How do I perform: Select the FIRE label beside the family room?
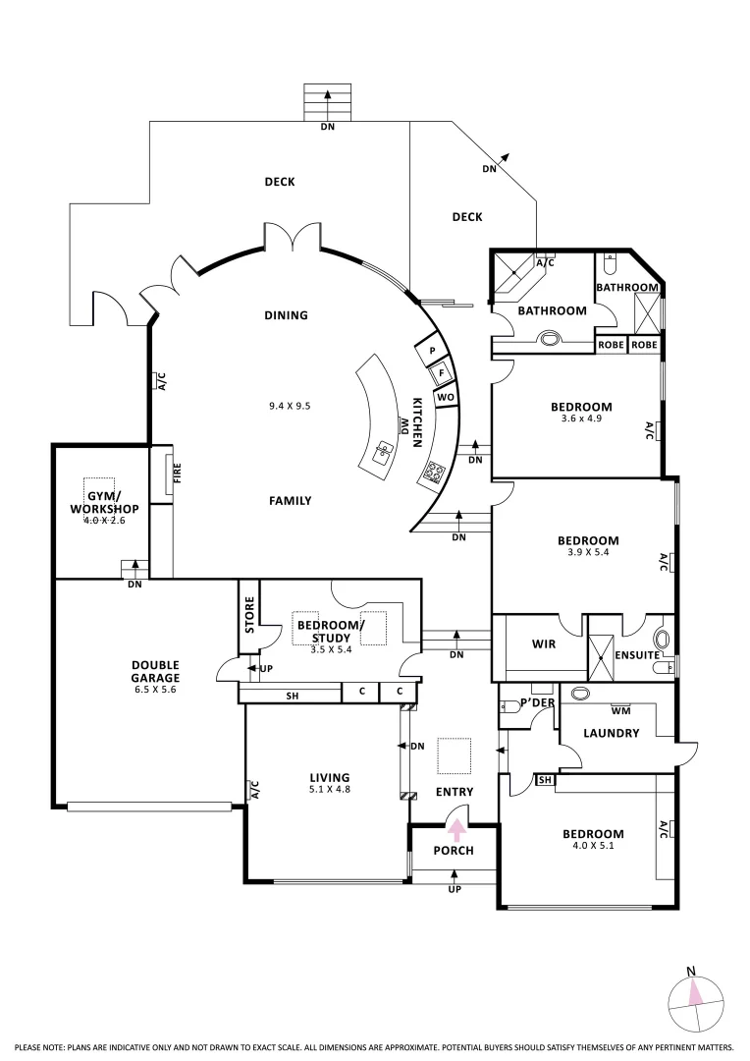point(178,473)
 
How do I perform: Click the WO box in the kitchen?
point(445,397)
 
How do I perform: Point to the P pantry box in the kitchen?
point(433,351)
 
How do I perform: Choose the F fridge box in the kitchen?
point(441,373)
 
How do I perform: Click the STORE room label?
point(249,614)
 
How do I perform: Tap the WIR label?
point(544,644)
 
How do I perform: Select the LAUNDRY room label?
point(611,733)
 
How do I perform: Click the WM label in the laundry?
point(620,710)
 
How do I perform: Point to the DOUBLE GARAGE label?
point(155,671)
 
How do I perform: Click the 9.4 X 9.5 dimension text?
point(290,406)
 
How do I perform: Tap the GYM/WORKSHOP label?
point(104,503)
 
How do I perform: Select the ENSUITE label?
point(637,655)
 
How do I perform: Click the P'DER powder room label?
point(538,702)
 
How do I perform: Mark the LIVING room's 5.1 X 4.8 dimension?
point(329,789)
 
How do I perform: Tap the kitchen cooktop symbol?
point(434,472)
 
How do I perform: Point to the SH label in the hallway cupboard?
point(293,696)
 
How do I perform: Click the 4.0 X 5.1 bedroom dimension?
point(593,845)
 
